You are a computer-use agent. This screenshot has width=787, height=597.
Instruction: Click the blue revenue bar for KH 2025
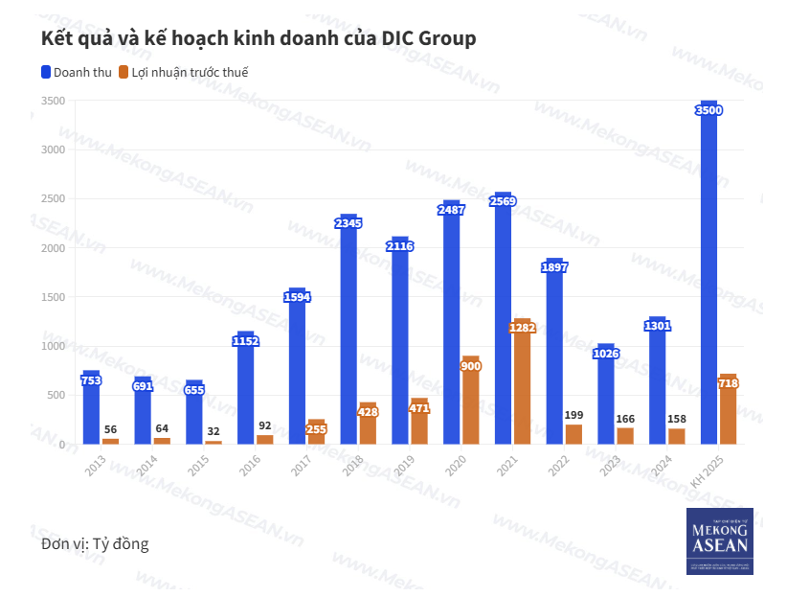[x=708, y=278]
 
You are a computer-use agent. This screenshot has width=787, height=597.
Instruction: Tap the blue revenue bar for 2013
[x=91, y=412]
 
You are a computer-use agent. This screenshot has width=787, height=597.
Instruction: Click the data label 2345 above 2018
[x=349, y=223]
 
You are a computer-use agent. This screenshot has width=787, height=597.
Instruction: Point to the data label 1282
[x=522, y=328]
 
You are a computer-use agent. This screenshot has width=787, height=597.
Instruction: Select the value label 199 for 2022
[x=573, y=415]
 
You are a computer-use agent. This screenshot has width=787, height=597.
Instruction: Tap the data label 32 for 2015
[x=213, y=431]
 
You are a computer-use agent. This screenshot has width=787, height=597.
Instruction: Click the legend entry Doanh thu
[x=77, y=72]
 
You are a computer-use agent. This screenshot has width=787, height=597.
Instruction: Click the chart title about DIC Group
[x=258, y=38]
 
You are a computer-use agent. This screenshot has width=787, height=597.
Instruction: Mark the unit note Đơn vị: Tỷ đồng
[x=95, y=544]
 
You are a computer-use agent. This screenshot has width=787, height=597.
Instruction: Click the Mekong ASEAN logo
[x=719, y=541]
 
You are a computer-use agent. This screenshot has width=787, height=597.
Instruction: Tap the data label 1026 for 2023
[x=606, y=354]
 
